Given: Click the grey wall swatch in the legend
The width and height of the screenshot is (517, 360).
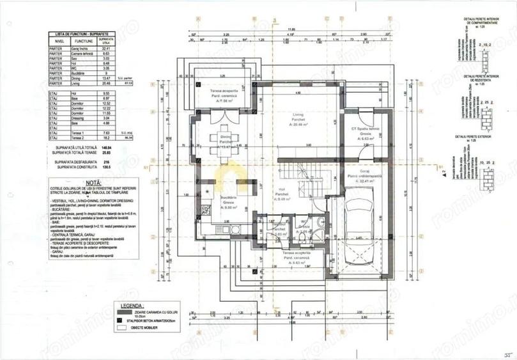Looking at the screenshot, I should (120, 313).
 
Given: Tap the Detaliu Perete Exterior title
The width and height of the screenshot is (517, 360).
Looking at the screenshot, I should (473, 137).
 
